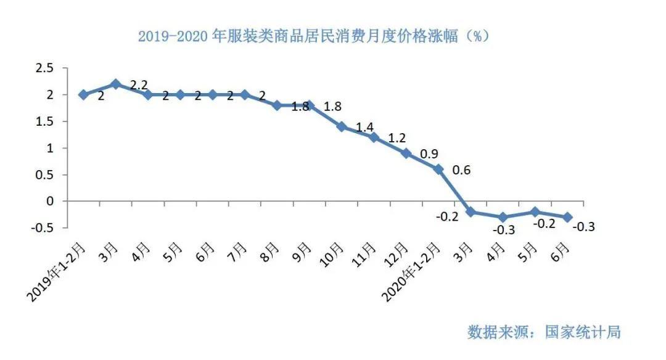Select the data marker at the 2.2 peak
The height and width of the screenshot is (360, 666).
[x=115, y=84]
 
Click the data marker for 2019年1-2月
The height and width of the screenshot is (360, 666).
[x=83, y=95]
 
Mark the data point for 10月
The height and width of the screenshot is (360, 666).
[x=342, y=126]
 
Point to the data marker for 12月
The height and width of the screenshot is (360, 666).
[x=406, y=153]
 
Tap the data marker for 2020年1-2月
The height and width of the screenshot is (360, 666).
[x=438, y=169]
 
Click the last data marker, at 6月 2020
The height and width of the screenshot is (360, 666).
[x=567, y=217]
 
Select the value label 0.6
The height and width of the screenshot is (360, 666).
[x=461, y=170]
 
